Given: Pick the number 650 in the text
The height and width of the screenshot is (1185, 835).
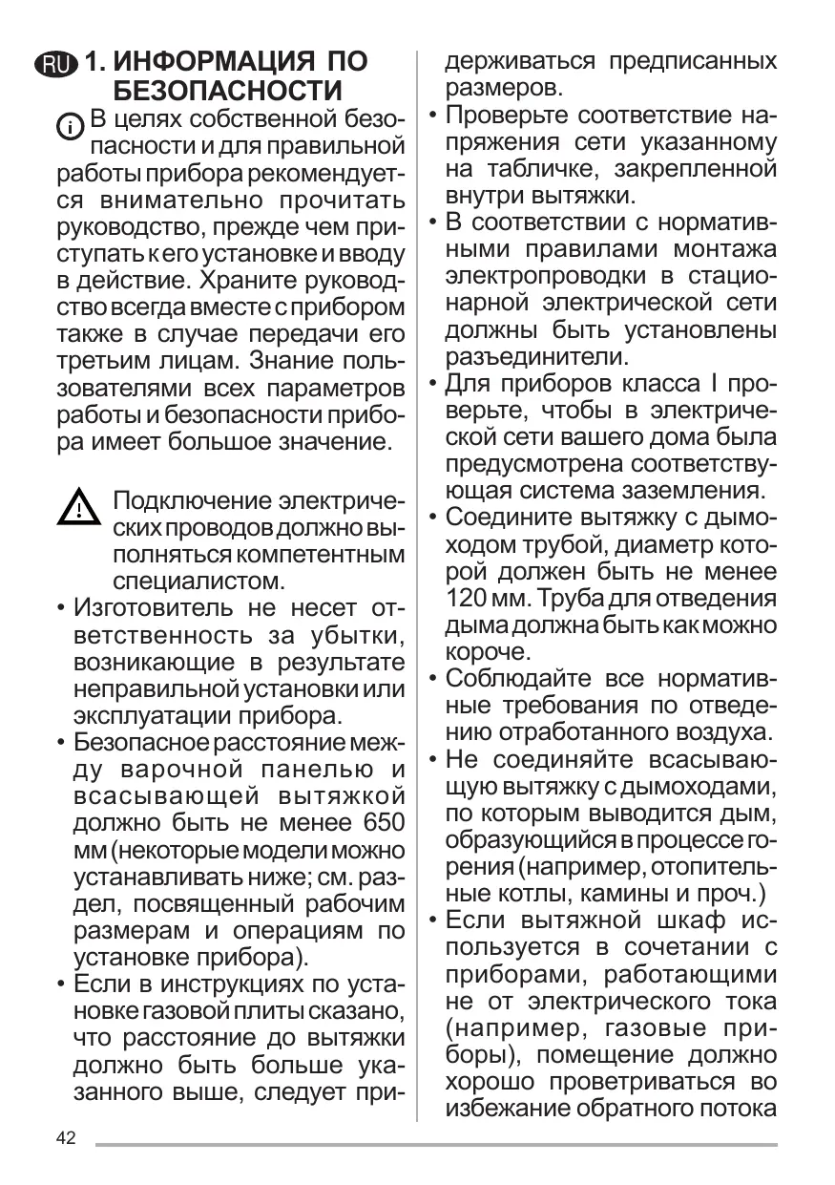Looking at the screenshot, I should click(x=379, y=822).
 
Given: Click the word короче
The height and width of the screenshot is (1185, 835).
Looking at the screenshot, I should click(x=486, y=652).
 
